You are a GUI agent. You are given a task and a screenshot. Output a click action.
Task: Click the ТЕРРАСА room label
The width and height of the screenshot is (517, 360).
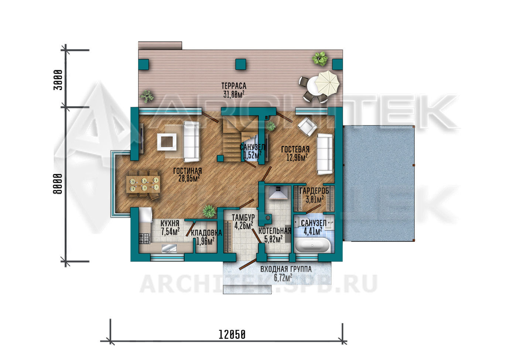pos(234,86)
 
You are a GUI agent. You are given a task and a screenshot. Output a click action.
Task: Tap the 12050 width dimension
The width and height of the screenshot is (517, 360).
pos(232,335)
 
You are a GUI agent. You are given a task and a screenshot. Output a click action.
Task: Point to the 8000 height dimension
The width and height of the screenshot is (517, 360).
pos(58,184)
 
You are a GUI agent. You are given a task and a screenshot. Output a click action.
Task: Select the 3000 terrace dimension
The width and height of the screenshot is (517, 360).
pos(58,80)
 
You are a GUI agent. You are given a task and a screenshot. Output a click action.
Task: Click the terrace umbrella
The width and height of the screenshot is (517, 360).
pos(327,83)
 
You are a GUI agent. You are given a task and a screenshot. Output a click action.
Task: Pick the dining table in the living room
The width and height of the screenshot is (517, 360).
pos(143,184)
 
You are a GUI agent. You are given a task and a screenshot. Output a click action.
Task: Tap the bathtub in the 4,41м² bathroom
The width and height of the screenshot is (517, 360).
pos(312,245)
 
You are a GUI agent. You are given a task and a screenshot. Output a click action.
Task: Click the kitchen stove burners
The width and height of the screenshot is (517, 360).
pos(144,239)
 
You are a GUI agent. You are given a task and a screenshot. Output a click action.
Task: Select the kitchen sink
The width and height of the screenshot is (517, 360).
pos(169,248)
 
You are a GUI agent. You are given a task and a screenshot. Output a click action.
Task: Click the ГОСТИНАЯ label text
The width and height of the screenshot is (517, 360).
pos(188,171)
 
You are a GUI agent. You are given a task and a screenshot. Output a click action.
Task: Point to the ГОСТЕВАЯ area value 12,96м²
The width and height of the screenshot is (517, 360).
pos(297,157)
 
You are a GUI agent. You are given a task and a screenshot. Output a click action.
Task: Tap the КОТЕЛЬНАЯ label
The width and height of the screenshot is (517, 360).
pos(275,231)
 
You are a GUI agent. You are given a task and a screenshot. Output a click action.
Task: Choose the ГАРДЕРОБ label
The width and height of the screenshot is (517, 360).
pos(314,191)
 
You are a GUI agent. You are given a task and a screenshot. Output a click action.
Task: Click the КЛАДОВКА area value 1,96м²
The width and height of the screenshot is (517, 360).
pos(205,241)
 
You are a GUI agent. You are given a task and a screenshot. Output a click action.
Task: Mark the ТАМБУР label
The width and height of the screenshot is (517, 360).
pos(243,217)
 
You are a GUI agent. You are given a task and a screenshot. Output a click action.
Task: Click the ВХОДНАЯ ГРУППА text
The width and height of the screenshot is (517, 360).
pos(286,269)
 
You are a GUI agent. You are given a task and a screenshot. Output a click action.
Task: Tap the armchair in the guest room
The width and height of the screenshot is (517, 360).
pos(307,127)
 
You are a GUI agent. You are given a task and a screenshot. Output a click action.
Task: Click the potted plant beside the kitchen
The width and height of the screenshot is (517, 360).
pos(209,211)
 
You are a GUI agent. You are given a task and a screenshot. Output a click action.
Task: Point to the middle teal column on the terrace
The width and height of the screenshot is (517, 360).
pos(240,64)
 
